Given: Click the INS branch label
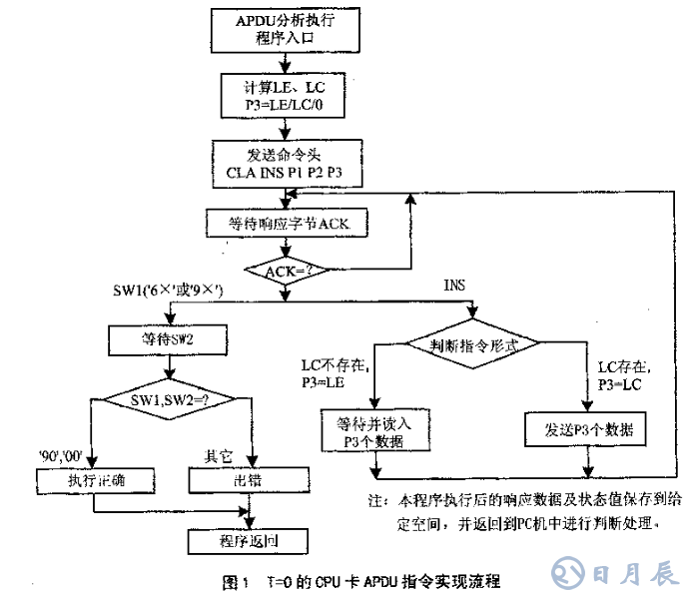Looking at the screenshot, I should (455, 288).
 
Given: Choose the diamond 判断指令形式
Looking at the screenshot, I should (473, 344).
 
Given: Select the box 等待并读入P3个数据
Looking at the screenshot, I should (376, 431).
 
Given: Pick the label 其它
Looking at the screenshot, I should (218, 455).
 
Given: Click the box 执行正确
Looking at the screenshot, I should (95, 481).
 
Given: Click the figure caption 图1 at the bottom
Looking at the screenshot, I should (360, 580).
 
